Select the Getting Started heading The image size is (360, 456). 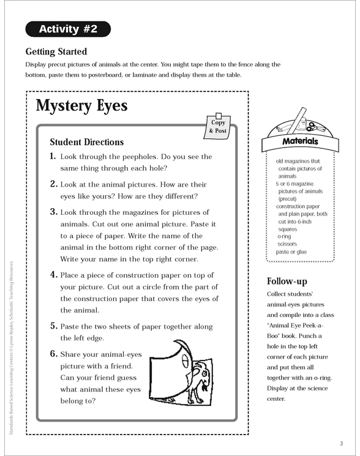pyautogui.click(x=56, y=51)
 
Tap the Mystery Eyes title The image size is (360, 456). pyautogui.click(x=81, y=105)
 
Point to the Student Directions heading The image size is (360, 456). pyautogui.click(x=86, y=142)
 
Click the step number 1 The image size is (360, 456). pyautogui.click(x=54, y=157)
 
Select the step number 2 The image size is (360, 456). pyautogui.click(x=54, y=184)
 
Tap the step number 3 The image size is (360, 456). pyautogui.click(x=54, y=211)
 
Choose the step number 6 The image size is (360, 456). pyautogui.click(x=54, y=353)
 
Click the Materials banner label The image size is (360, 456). pyautogui.click(x=300, y=141)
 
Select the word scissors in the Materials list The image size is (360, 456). pyautogui.click(x=287, y=244)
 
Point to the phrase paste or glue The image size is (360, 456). pyautogui.click(x=291, y=252)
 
